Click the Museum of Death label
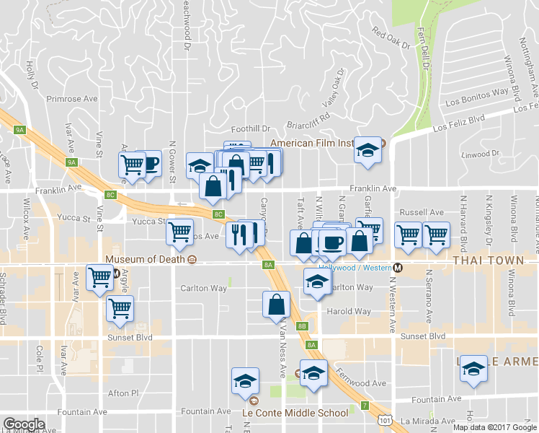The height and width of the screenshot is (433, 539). pos(144,259)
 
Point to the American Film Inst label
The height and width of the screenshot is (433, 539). pos(312,143)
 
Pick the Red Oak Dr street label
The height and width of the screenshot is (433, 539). pos(391,38)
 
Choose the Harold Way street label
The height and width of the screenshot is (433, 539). pos(349,312)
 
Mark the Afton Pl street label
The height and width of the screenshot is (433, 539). pos(122,393)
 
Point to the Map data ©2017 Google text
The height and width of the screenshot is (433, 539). pos(494,427)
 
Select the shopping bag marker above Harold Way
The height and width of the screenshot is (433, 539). pos(277,305)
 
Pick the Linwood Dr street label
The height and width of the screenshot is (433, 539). pos(480,154)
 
